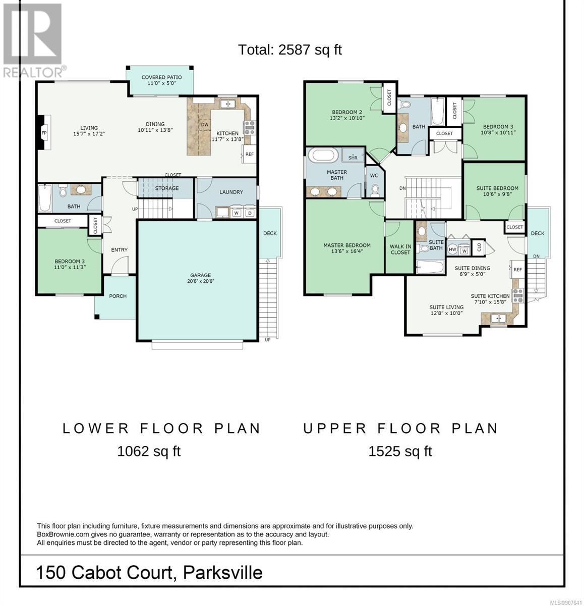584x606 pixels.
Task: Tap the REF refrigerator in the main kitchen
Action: (250, 154)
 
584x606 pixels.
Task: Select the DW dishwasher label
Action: (205, 125)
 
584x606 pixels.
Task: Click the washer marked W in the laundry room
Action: (237, 213)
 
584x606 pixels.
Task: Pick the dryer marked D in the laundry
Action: (250, 213)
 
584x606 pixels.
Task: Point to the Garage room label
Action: (201, 275)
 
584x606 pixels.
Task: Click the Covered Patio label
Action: (161, 77)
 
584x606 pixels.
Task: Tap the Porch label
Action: (118, 296)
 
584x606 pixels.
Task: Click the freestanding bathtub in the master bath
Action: (324, 156)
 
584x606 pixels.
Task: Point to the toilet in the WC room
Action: (375, 190)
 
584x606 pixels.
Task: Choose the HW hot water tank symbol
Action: (452, 249)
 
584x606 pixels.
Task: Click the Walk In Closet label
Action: (400, 249)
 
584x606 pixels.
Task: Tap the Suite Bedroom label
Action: (497, 188)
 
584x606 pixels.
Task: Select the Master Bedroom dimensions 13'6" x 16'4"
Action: (347, 251)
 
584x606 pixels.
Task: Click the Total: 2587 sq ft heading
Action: (290, 50)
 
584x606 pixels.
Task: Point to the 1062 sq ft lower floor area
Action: (149, 451)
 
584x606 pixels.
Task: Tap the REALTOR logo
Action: (33, 40)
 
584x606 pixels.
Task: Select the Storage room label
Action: (167, 188)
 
